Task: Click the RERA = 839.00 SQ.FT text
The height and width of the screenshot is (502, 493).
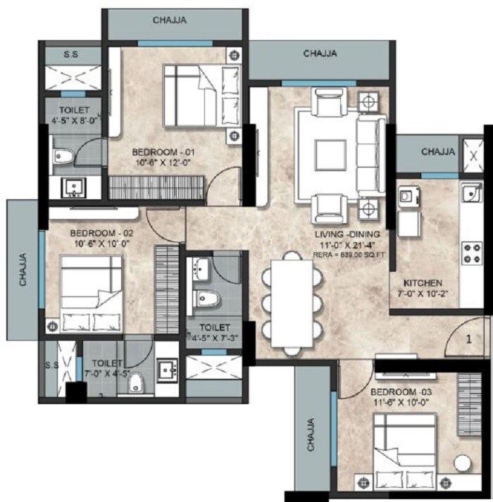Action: pyautogui.click(x=348, y=255)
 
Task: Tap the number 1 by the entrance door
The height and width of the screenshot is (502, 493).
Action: pyautogui.click(x=468, y=339)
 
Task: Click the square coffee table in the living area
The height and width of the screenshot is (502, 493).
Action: pyautogui.click(x=330, y=153)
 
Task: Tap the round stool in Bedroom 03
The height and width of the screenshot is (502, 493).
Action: pyautogui.click(x=463, y=465)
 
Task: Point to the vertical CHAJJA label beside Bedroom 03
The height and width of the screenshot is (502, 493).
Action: pyautogui.click(x=310, y=435)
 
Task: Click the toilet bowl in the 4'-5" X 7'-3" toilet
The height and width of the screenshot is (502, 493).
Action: pyautogui.click(x=206, y=299)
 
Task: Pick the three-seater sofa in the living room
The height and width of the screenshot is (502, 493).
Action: pyautogui.click(x=368, y=153)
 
